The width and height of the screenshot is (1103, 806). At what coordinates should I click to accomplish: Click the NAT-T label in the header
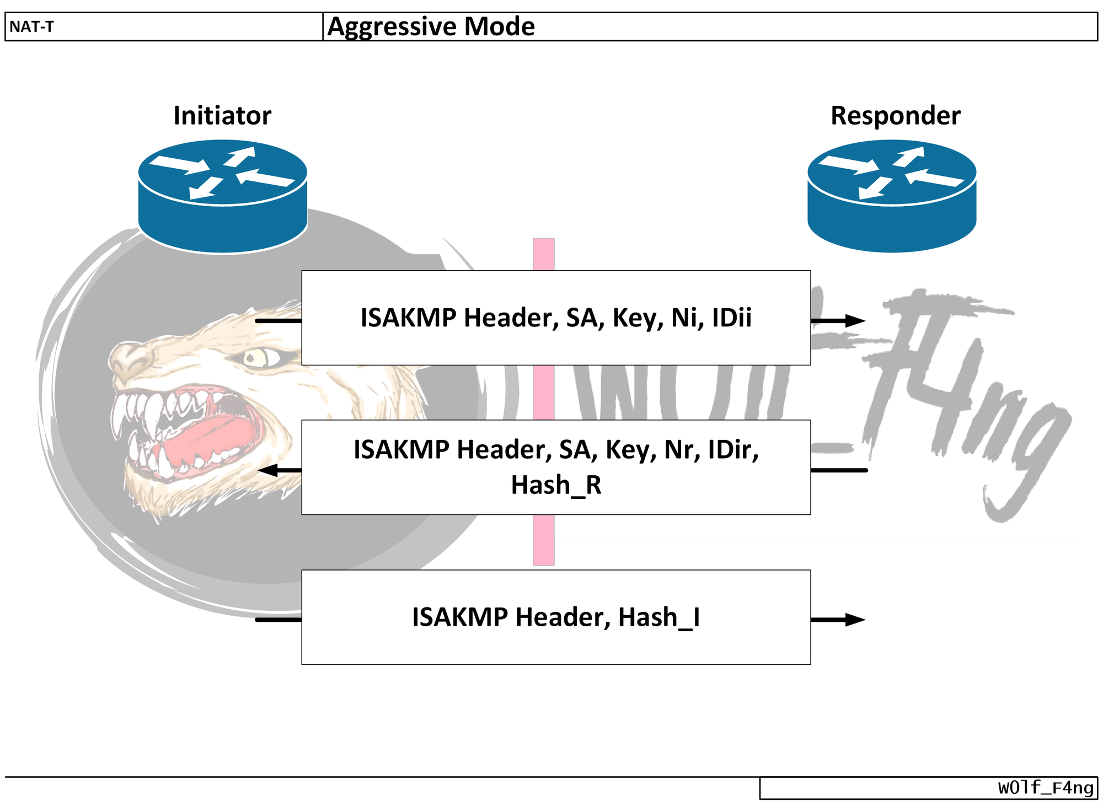coord(31,26)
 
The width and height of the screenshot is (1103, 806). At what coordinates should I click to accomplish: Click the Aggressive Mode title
coord(431,26)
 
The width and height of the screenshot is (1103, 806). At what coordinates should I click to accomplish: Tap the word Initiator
coord(222,116)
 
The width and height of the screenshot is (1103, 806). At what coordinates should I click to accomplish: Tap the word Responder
coord(895,116)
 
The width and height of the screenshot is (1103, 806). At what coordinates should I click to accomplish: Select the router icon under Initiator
coord(222,196)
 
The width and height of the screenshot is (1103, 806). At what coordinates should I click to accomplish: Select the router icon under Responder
coord(892,196)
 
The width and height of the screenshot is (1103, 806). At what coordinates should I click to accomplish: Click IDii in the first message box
coord(731,318)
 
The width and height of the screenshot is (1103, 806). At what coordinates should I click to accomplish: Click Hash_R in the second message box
coord(556,485)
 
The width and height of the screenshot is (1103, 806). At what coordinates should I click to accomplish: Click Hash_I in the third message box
coord(658,617)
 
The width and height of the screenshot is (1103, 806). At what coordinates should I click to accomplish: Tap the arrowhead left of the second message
coord(268,470)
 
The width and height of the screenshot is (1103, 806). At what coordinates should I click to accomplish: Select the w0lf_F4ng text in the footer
coord(1045,788)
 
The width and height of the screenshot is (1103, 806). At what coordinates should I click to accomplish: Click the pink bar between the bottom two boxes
coord(543,540)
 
